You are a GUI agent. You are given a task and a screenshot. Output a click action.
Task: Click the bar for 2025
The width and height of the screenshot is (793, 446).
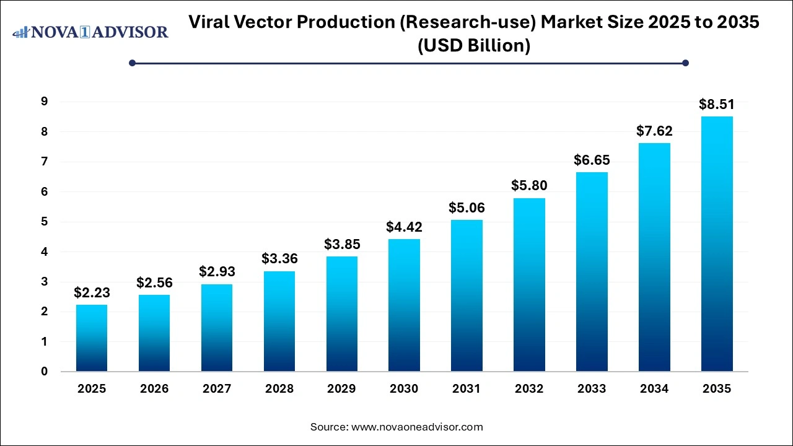point(92,338)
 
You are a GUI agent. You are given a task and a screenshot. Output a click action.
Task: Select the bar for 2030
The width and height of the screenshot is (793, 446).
point(404,305)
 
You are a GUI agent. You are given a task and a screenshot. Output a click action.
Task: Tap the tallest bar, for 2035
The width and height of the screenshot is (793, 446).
point(717,244)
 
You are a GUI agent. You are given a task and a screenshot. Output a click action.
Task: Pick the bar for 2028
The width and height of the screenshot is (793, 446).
point(279,321)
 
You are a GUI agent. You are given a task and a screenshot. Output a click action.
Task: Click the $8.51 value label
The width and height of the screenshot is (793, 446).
point(717,104)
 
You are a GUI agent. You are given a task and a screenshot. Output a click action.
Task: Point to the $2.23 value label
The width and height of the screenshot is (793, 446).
point(92,292)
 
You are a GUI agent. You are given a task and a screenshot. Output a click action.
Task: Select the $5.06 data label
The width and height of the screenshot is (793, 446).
point(467,208)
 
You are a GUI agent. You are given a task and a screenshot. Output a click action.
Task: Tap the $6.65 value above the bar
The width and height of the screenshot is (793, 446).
point(592,160)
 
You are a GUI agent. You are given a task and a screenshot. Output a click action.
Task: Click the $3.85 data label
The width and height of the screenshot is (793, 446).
point(341,244)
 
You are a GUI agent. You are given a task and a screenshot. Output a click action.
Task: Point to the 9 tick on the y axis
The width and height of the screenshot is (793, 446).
point(44,102)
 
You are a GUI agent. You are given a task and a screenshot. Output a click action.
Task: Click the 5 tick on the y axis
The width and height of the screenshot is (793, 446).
point(44,222)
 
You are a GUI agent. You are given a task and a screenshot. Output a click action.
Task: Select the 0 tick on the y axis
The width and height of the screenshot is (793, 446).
point(44,372)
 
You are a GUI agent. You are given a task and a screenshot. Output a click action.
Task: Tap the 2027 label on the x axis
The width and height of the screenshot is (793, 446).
point(216,389)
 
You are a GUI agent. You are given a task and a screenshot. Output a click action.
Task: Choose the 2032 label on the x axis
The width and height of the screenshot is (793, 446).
point(529,389)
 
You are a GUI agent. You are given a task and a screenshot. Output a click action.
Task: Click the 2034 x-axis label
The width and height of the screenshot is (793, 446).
point(654,389)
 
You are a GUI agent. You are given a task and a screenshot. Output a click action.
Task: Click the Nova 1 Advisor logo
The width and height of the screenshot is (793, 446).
point(90,32)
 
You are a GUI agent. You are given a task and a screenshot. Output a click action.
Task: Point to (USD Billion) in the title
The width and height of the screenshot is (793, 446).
point(475,46)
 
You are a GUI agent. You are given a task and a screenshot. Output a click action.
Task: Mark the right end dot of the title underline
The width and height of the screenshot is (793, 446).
point(685,63)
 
